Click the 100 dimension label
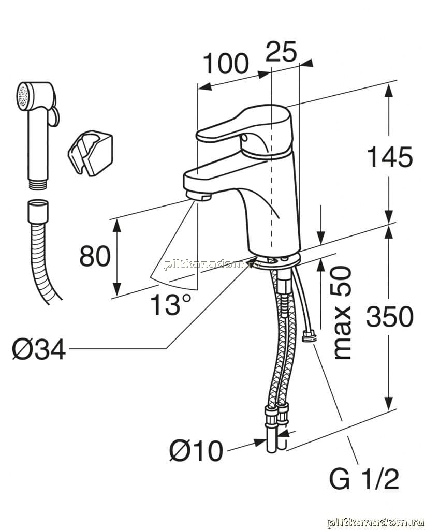(x=226, y=64)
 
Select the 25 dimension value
(x=281, y=51)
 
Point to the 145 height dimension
(x=389, y=157)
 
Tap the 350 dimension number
(x=390, y=317)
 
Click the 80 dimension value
(x=95, y=256)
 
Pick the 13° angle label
(x=171, y=304)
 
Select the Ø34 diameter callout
(x=39, y=349)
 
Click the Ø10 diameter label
(x=196, y=451)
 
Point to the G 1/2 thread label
(x=364, y=479)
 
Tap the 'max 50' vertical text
(x=343, y=313)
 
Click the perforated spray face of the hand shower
(x=22, y=97)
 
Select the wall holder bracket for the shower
(x=90, y=153)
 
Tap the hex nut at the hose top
(x=38, y=211)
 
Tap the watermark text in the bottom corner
(x=376, y=522)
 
